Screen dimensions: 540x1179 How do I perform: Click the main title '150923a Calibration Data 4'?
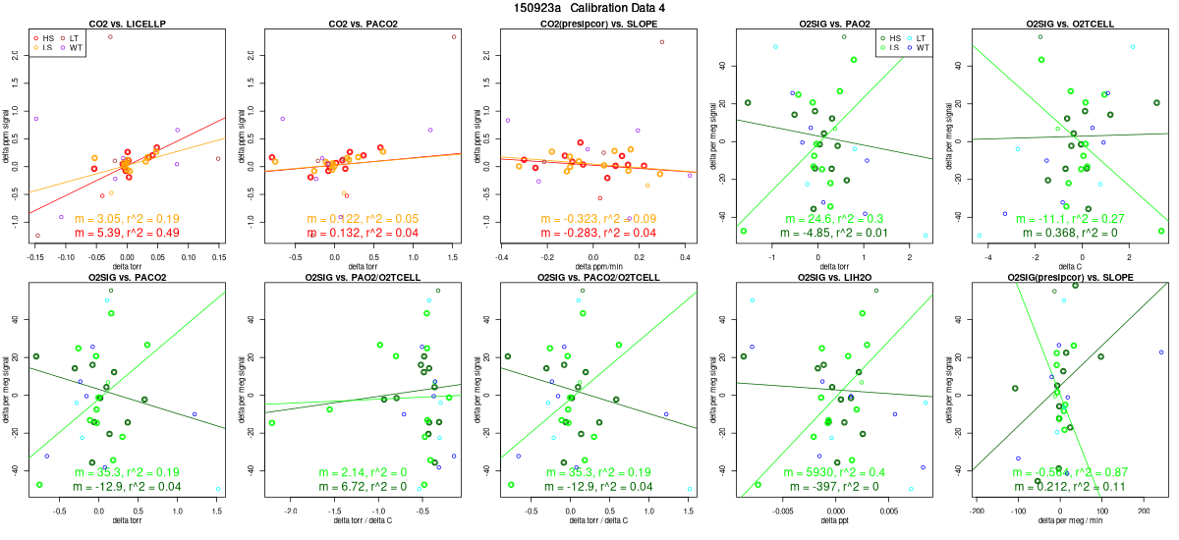point(589,7)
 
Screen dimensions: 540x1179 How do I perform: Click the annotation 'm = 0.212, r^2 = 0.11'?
point(1069,488)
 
